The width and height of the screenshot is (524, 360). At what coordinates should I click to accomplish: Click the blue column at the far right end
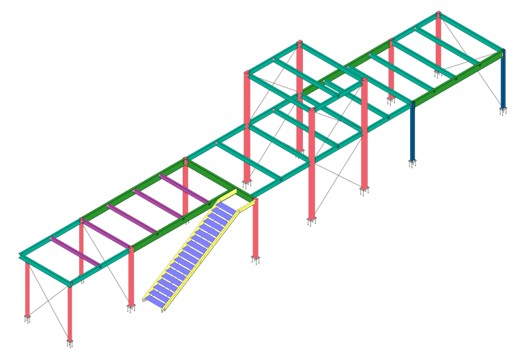coord(504,82)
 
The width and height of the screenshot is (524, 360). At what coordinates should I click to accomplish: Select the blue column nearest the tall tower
coord(412,133)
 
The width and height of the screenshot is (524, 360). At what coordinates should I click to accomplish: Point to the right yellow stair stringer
coord(205,259)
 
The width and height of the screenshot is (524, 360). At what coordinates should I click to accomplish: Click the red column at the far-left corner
coord(27,290)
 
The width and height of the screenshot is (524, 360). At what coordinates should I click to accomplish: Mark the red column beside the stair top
coord(256,228)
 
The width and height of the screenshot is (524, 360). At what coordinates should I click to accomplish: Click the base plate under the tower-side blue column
coord(412,163)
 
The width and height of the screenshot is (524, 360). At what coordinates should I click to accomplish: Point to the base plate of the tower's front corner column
coord(312,221)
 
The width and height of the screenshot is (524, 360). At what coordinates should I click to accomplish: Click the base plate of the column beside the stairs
coord(256,259)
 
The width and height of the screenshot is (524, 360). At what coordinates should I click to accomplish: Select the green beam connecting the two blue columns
coord(457,80)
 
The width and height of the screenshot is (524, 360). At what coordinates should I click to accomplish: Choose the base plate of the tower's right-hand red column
coord(364,190)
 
